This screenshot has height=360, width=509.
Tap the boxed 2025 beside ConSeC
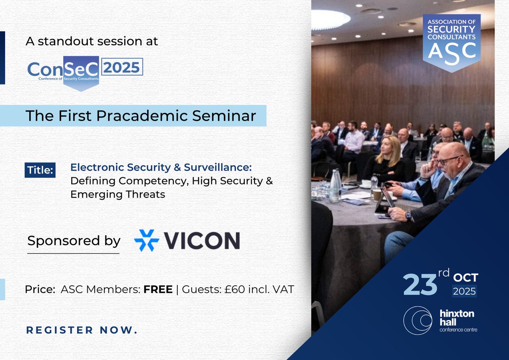click(121, 67)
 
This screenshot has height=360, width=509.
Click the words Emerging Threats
click(117, 194)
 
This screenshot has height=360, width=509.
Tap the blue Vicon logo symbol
click(146, 240)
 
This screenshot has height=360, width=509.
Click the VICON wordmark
click(202, 241)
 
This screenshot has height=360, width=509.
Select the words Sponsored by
click(74, 241)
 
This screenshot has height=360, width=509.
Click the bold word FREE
click(158, 290)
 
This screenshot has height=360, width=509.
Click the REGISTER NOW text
click(82, 330)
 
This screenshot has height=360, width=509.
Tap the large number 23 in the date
click(420, 284)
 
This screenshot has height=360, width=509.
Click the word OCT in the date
click(465, 278)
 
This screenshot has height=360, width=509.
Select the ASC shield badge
click(451, 42)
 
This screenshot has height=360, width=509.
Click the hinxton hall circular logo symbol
click(417, 321)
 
